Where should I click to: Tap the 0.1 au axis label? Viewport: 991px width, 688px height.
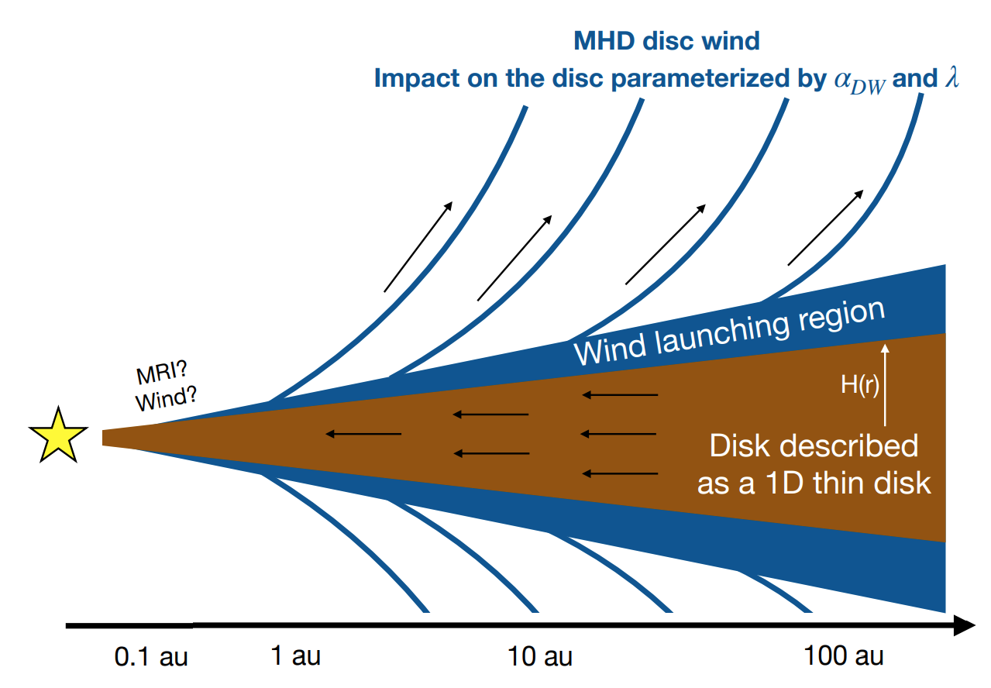(x=151, y=658)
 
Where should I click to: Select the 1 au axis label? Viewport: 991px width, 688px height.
(x=296, y=657)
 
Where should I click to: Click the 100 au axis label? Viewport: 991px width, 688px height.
(x=844, y=657)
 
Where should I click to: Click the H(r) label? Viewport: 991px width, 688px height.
(x=860, y=385)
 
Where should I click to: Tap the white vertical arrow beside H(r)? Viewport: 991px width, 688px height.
(x=886, y=383)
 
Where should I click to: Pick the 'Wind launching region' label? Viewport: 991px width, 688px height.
(x=728, y=332)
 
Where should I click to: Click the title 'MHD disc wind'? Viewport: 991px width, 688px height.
(x=666, y=40)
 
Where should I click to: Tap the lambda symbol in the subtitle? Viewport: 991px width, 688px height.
(x=951, y=78)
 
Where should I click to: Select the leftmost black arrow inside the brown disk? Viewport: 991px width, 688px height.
(x=363, y=434)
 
